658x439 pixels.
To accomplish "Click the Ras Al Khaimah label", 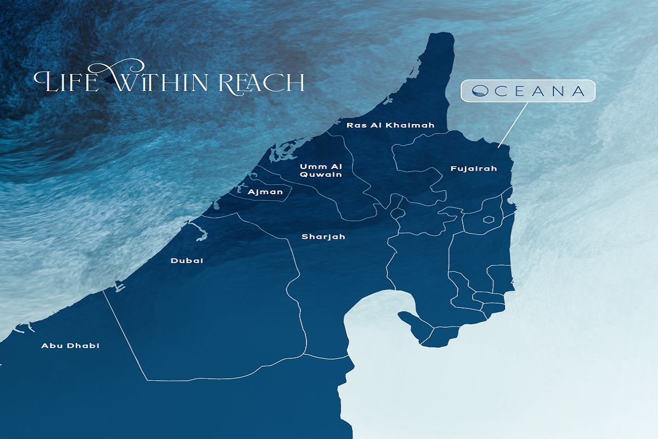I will coord(390,126).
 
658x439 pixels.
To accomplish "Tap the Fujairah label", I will coord(474,168).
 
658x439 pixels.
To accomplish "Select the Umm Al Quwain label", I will coord(321,171).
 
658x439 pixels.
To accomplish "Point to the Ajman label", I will coord(265,192).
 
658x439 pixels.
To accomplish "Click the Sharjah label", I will coord(324,237).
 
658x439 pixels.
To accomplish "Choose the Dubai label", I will coord(187,261).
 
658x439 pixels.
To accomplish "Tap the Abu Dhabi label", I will coord(71,346).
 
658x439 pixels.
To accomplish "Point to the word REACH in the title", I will coord(262,82).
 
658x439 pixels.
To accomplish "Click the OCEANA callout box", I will coord(528,92).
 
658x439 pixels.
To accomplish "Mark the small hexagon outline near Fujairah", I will coord(488,220).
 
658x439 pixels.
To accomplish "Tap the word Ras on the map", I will coord(353,126).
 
